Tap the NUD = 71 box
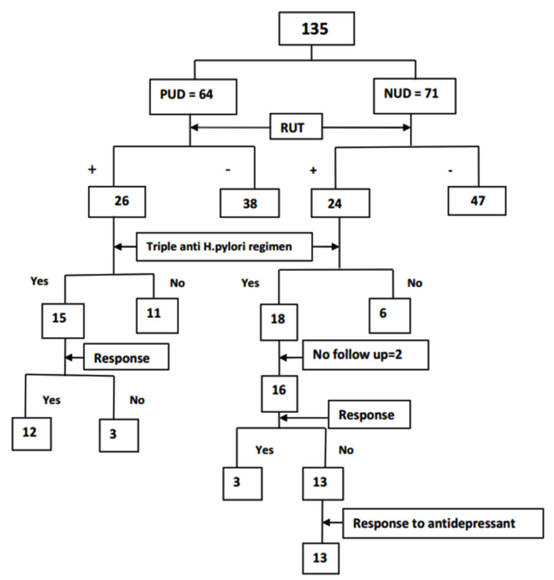point(414,95)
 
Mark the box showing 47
point(477,201)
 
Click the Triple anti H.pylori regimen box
point(224,246)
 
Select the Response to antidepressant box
point(435,523)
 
